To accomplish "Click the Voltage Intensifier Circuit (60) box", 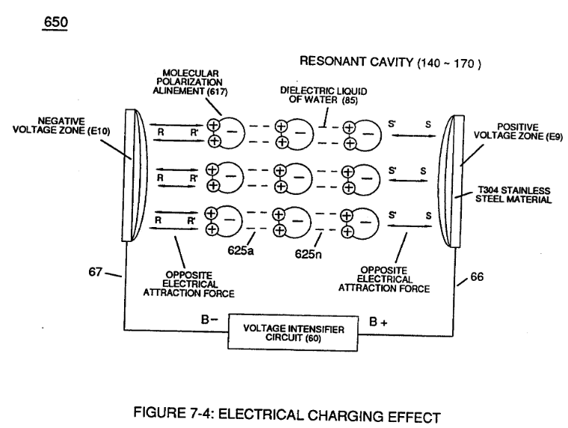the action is click(x=293, y=333).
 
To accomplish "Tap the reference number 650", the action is click(x=55, y=22).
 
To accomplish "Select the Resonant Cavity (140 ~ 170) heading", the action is click(x=390, y=62).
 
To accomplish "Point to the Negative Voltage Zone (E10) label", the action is click(x=61, y=125).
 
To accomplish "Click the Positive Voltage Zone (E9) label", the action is click(x=518, y=131).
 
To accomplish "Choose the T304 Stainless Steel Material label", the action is click(x=513, y=195).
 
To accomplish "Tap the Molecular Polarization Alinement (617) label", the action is click(x=190, y=83).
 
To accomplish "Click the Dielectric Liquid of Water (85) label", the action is click(x=324, y=95).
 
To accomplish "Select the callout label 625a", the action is click(x=241, y=250).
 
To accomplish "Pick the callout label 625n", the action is click(x=308, y=254).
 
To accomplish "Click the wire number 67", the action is click(x=95, y=272).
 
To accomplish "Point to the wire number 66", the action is click(x=477, y=276).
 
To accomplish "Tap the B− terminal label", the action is click(x=210, y=320).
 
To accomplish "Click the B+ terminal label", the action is click(x=378, y=321).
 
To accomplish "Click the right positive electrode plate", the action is click(x=451, y=181).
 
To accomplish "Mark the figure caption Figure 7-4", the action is click(x=287, y=415).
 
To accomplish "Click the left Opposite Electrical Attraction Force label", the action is click(x=189, y=285).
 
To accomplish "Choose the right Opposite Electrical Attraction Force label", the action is click(x=384, y=279).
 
